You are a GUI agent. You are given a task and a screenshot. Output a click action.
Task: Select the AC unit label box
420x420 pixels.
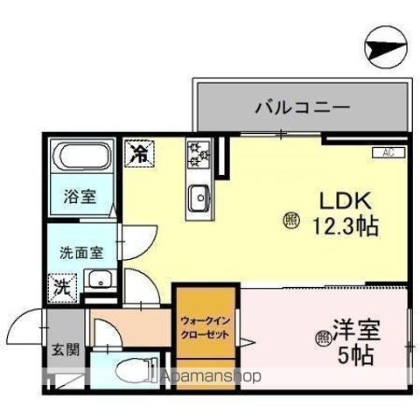click(x=387, y=152)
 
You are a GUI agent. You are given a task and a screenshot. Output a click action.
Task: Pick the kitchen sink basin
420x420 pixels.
click(x=198, y=197)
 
